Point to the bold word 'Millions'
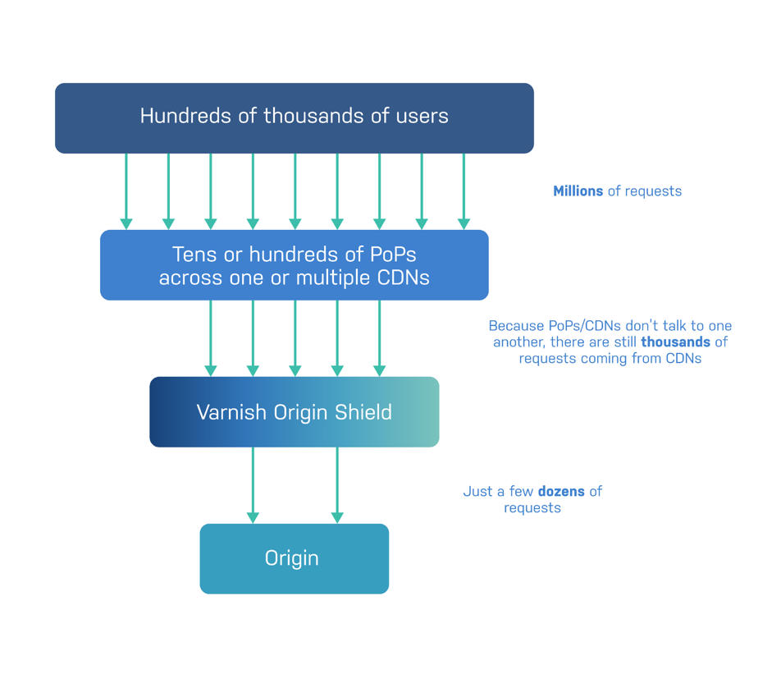[x=578, y=191]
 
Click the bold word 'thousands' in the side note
[x=675, y=342]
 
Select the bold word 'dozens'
[x=561, y=492]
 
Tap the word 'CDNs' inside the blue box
[x=402, y=278]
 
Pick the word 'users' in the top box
[x=420, y=116]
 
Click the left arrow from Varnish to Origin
[x=253, y=484]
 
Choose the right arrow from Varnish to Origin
[x=337, y=484]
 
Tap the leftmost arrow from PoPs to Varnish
[x=211, y=337]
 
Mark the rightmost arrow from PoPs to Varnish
[x=379, y=337]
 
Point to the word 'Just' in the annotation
[x=477, y=492]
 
